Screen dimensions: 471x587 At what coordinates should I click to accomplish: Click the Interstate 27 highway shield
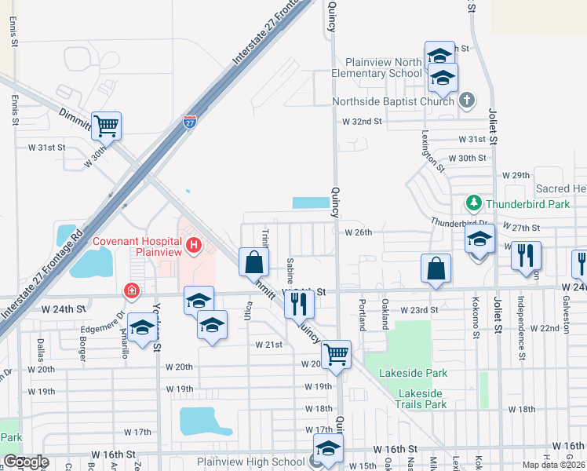pos(189,122)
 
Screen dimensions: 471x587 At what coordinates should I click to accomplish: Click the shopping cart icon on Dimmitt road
pos(106,125)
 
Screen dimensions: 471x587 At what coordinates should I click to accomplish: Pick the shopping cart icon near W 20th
pos(336,353)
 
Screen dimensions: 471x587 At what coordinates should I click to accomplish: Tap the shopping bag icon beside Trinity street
pos(254,262)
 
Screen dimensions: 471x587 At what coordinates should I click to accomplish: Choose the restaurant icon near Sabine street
pos(298,303)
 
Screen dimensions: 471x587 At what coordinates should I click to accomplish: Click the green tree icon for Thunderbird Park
pos(474,203)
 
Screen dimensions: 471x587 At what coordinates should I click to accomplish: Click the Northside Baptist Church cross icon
pos(467,100)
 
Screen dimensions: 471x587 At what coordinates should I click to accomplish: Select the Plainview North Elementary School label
pos(388,68)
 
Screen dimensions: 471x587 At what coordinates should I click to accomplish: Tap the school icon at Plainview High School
pos(327,449)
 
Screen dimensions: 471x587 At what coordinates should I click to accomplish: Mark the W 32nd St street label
pos(362,122)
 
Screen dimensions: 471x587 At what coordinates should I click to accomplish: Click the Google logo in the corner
pos(26,462)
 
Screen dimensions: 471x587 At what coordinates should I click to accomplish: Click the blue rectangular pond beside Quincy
pos(311,203)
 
